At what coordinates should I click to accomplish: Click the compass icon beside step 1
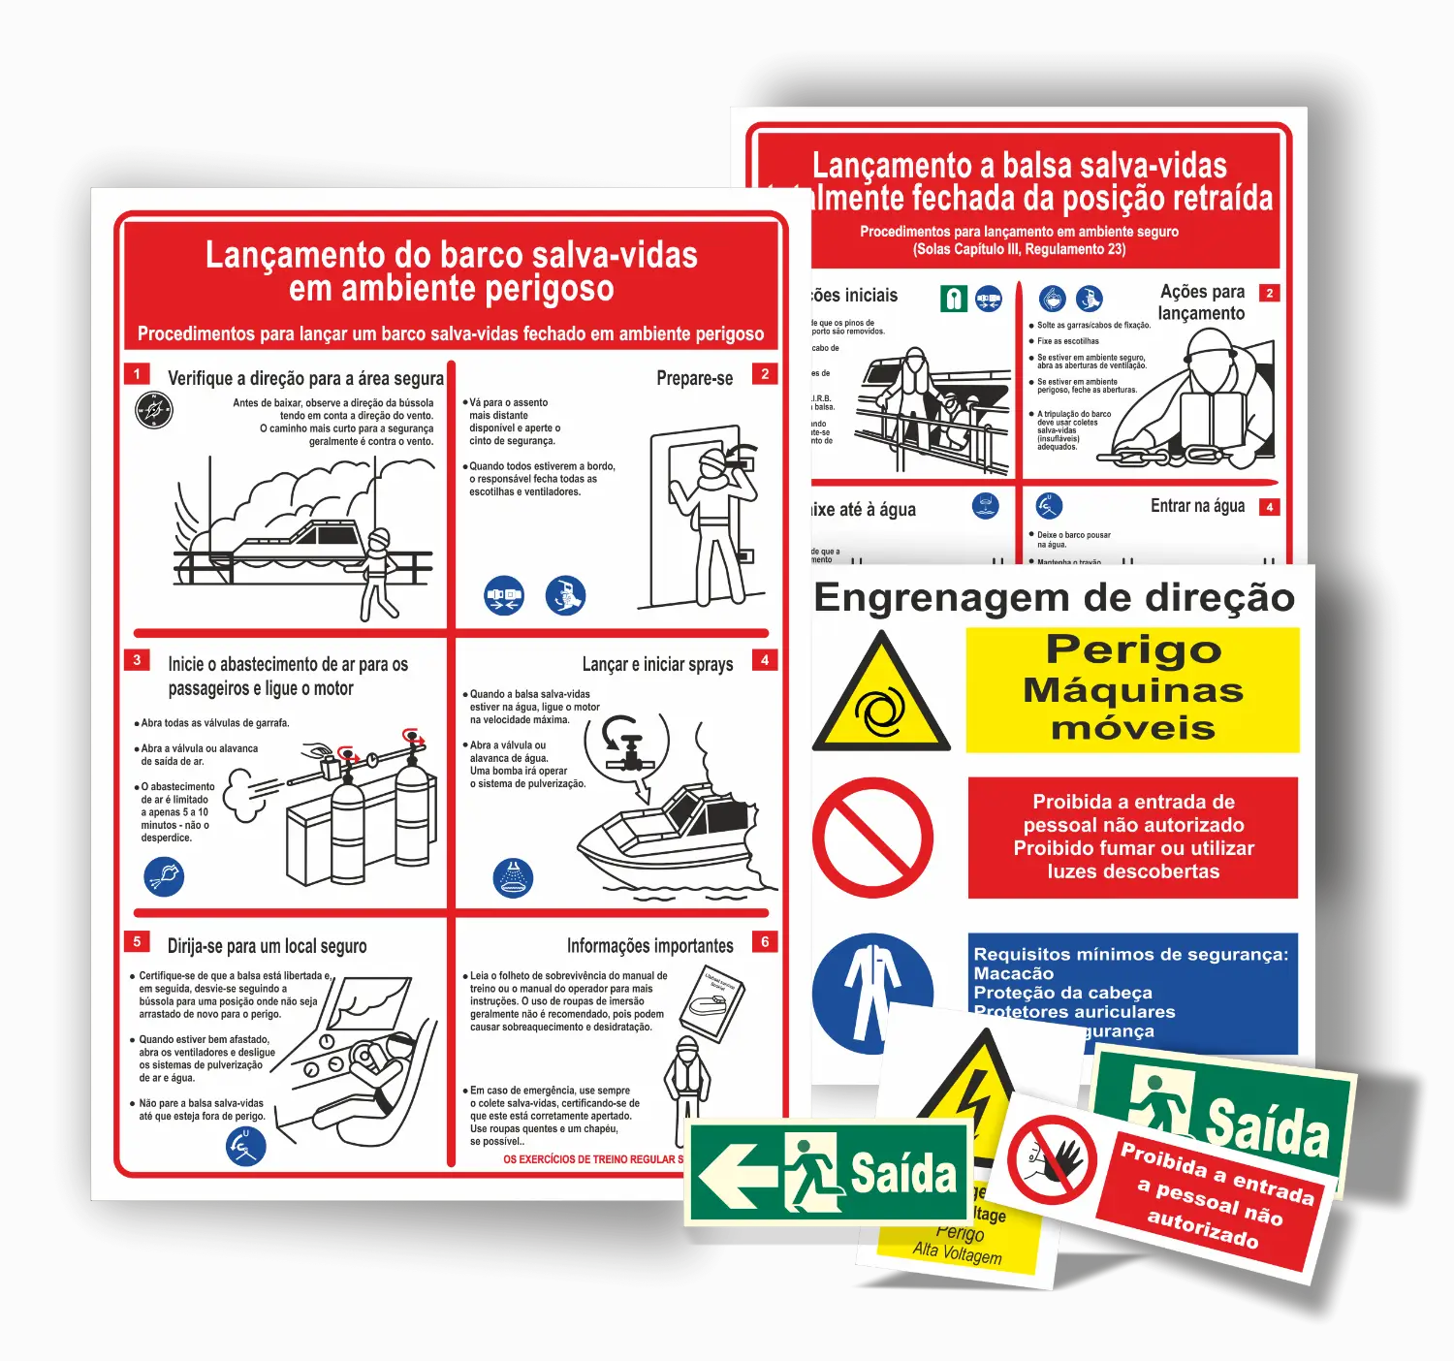tap(153, 410)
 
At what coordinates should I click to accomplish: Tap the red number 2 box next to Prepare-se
tap(765, 374)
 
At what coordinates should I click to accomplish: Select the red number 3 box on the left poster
tap(137, 660)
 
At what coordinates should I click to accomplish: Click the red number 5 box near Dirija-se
tap(137, 941)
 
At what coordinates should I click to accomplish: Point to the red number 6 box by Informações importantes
tap(765, 941)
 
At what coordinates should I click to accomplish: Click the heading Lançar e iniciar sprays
tap(657, 664)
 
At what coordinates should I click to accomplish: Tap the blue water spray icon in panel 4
tap(513, 877)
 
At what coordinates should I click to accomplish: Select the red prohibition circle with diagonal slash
tap(872, 838)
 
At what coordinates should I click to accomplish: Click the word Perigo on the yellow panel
tap(1133, 649)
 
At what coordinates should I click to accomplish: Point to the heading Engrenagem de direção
tap(1054, 597)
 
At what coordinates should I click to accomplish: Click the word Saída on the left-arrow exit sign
tap(903, 1174)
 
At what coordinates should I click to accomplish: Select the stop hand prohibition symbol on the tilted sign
tap(1052, 1158)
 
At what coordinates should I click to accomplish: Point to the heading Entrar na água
tap(1197, 506)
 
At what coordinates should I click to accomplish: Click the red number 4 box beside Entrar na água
tap(1269, 507)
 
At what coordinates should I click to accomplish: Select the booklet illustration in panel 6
tap(712, 1003)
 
